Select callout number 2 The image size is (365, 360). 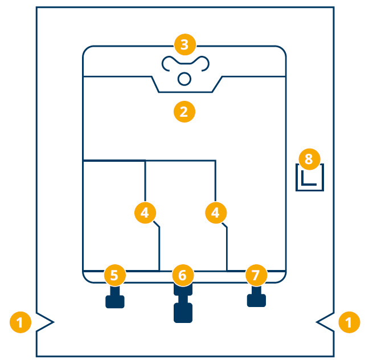tap(184, 111)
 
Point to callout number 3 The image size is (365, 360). tap(184, 44)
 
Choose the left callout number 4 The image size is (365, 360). tap(145, 212)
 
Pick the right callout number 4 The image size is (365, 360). tap(215, 212)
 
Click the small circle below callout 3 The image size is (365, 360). tap(184, 79)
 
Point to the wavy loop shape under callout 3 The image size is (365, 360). tap(184, 63)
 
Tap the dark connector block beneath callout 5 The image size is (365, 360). tap(115, 300)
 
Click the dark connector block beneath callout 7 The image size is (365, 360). tap(256, 300)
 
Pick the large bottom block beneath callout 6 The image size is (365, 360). tap(183, 313)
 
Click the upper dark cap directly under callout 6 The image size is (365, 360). tap(183, 290)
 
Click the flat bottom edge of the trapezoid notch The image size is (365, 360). tap(186, 92)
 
